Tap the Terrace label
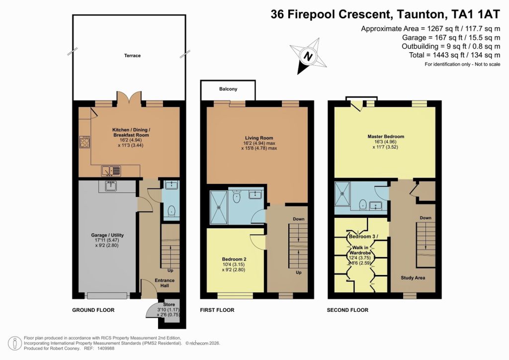(x=132, y=56)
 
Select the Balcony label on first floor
(x=228, y=89)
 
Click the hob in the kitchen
(x=84, y=142)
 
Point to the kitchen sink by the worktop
(x=110, y=171)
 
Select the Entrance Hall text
(x=164, y=283)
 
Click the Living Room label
(x=259, y=138)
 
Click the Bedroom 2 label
(x=235, y=259)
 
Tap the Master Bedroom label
(x=386, y=136)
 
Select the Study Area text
(x=413, y=277)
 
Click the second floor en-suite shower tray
(x=343, y=193)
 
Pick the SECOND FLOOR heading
(x=347, y=310)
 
